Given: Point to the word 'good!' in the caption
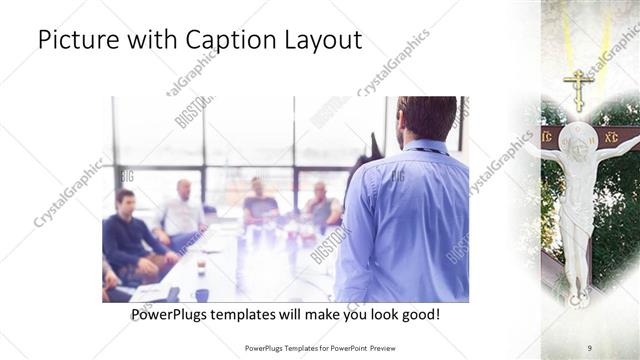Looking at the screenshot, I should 418,314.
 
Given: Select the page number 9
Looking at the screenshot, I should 590,347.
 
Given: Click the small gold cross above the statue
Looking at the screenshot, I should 578,88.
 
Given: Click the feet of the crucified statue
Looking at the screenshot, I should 578,295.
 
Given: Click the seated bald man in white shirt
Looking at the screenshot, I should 183,210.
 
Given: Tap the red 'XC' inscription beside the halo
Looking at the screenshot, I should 612,136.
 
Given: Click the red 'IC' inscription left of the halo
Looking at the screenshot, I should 547,136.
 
